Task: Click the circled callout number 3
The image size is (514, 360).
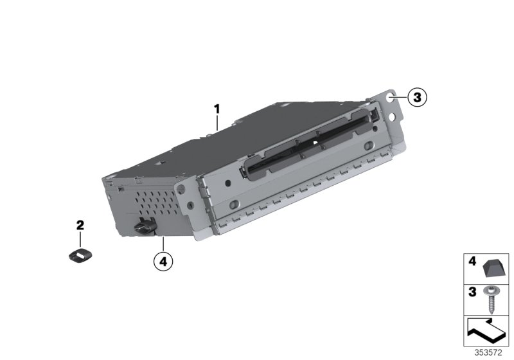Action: coord(417,97)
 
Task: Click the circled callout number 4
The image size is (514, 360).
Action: coord(163,262)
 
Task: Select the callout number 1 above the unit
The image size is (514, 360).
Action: coord(217,109)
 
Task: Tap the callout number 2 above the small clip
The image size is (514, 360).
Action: coord(80,225)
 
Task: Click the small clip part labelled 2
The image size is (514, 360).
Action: coord(80,255)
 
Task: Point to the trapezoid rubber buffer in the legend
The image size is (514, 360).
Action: coord(494,267)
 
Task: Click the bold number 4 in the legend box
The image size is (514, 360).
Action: coord(472,261)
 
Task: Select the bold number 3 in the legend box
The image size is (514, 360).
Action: coord(472,292)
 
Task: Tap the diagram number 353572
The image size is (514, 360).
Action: coord(488,353)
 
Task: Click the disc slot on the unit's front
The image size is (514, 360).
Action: coord(309,142)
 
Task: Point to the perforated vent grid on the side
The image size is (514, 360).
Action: coord(155,203)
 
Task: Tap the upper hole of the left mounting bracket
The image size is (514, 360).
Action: coord(181,188)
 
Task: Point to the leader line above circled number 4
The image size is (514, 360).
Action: coord(163,244)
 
